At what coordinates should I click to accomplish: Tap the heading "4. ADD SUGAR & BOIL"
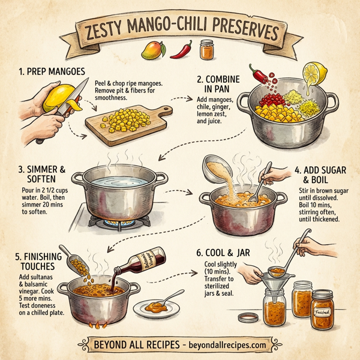tap(322, 173)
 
